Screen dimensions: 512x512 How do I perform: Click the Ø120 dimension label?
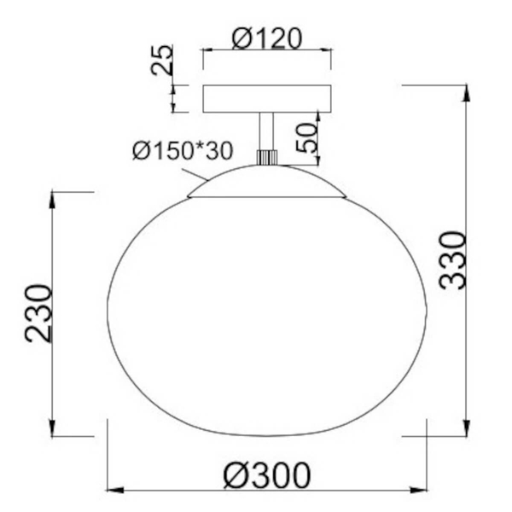point(267,38)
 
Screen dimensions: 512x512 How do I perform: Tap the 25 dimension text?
point(162,60)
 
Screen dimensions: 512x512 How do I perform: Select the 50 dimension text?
point(307,137)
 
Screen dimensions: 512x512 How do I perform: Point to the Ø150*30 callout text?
point(183,150)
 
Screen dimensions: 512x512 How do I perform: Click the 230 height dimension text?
point(38,313)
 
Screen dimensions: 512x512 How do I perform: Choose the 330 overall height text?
point(452,260)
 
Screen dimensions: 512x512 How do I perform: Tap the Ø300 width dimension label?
point(267,475)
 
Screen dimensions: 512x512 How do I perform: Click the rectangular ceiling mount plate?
point(267,99)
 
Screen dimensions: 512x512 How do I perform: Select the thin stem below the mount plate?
point(266,131)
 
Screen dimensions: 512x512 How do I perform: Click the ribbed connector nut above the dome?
point(267,157)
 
